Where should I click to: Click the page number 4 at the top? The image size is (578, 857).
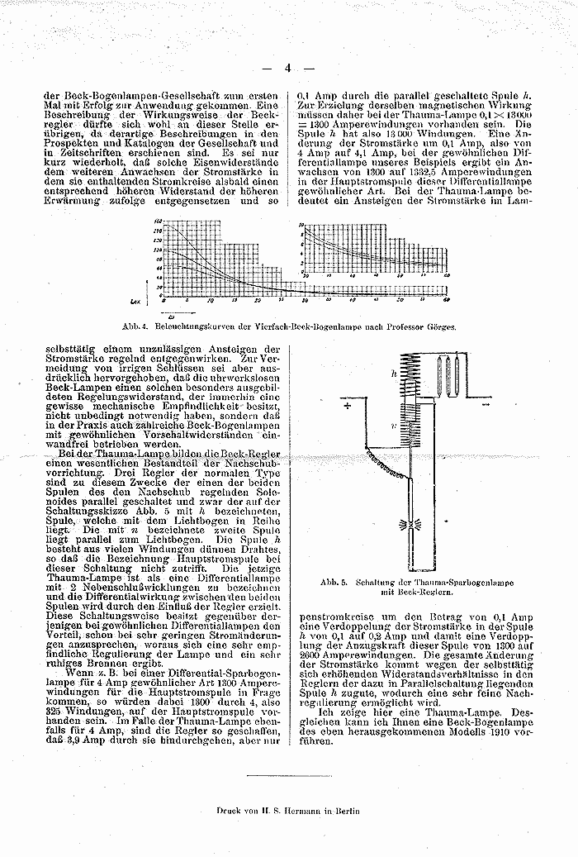[288, 69]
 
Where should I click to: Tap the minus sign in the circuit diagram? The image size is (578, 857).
[485, 406]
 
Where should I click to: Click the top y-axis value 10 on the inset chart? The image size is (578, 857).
[301, 224]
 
